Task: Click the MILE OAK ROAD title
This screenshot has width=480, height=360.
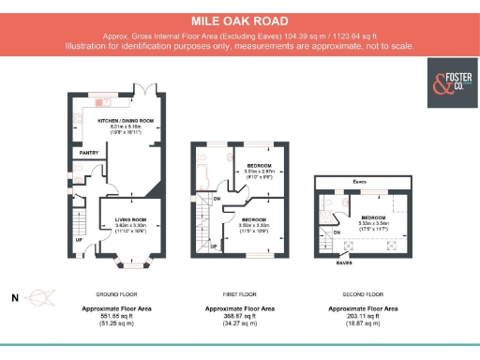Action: point(239,20)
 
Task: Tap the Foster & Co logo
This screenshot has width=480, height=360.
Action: point(446,78)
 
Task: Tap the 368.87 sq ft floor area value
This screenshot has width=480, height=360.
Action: point(240,317)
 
